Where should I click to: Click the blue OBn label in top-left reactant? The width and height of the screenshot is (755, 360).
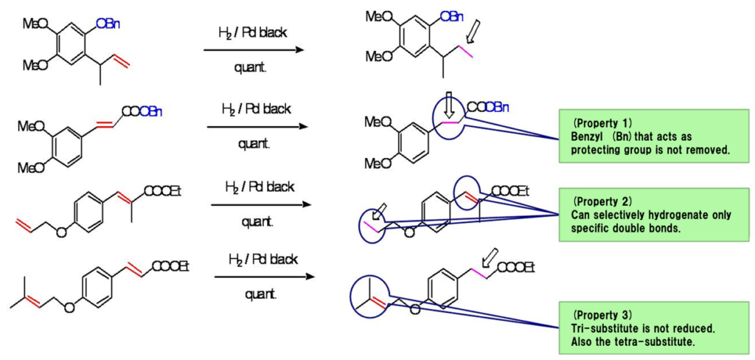[x=108, y=24]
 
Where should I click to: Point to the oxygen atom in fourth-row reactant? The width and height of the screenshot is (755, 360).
[x=69, y=308]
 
